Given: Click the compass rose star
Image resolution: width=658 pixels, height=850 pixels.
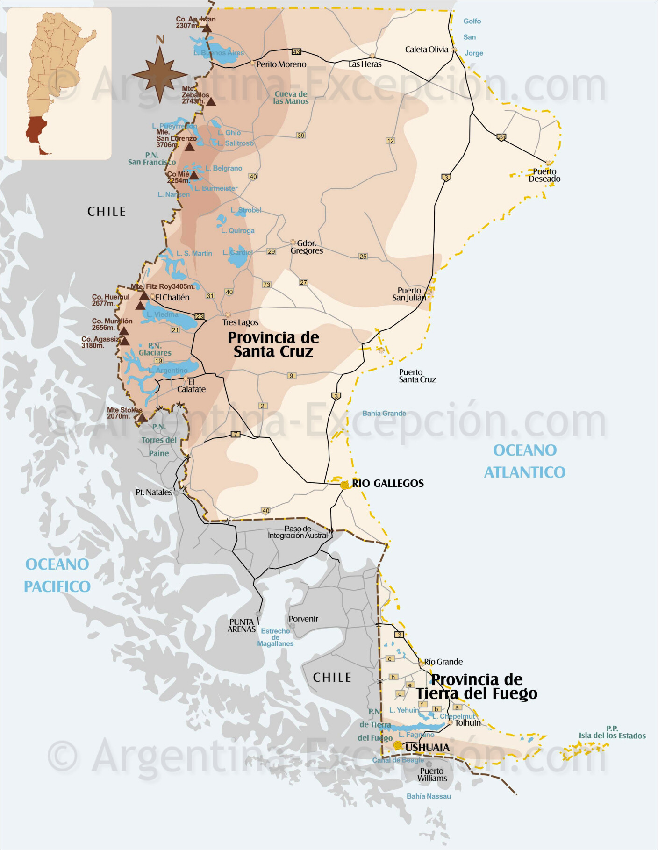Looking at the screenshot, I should [x=160, y=74].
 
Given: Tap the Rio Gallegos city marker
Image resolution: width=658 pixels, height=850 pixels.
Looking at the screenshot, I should [x=344, y=485].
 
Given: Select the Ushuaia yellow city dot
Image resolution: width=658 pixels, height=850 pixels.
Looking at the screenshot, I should [x=398, y=745].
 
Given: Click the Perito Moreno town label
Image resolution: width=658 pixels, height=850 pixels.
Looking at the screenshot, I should [x=281, y=64].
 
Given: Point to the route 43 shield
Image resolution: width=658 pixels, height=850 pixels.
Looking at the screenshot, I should [x=296, y=51].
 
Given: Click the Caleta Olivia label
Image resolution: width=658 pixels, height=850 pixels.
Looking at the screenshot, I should [x=426, y=50].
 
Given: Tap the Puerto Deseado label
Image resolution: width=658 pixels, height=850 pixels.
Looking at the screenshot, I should [x=544, y=175].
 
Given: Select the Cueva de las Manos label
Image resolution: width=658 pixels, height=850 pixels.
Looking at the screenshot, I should [x=291, y=98].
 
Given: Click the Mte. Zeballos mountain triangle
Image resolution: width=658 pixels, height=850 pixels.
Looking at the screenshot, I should [x=211, y=102].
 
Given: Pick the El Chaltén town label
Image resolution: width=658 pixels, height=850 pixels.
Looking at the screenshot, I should [x=172, y=298].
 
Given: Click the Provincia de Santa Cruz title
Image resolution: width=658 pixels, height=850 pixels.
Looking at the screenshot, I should [x=273, y=344].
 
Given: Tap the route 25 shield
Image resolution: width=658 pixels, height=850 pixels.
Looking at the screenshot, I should [x=363, y=256].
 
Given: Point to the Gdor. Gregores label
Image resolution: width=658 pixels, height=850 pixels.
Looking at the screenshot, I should [x=307, y=247].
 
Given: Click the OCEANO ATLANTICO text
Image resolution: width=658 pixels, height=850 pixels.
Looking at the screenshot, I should [x=524, y=461].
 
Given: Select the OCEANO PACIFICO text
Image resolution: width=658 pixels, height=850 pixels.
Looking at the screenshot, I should [x=57, y=575].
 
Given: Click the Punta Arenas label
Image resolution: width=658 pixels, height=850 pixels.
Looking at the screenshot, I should [x=242, y=626].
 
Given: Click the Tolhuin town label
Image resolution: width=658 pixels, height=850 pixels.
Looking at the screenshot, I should [x=468, y=723].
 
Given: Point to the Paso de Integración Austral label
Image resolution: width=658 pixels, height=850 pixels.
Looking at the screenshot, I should [x=298, y=532].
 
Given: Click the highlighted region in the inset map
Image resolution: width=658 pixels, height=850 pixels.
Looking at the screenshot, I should [x=36, y=130].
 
